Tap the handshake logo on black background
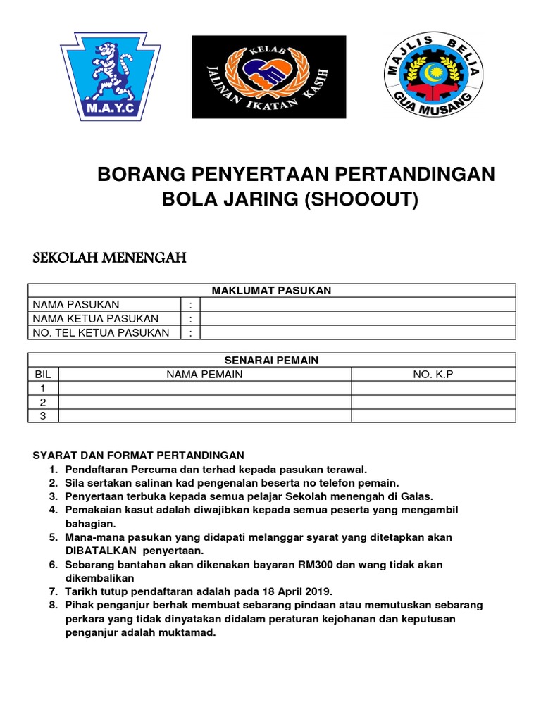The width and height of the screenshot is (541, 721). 269,76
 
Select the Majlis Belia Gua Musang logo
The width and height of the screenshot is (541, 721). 433,76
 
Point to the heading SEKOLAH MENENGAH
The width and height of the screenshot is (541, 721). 110,258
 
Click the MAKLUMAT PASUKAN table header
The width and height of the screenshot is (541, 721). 271,290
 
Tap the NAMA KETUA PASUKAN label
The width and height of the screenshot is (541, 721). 95,318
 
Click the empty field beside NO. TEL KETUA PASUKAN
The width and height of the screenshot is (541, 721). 358,332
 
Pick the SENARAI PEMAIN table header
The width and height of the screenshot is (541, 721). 271,360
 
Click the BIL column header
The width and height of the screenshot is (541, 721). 43,374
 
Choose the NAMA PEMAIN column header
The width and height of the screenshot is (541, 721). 204,374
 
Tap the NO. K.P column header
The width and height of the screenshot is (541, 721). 433,374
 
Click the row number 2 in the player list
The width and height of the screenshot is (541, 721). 43,402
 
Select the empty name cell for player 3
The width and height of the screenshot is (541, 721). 204,415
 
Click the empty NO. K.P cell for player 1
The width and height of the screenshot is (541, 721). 433,388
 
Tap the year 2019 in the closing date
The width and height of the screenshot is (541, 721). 316,591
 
